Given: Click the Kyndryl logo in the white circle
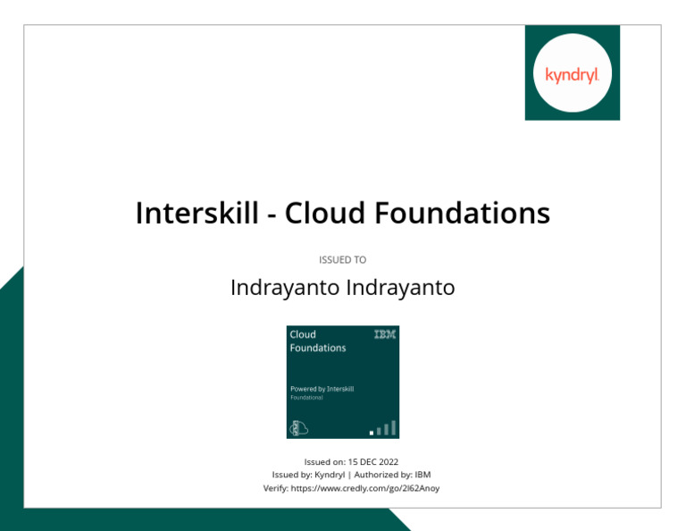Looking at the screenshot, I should (572, 73).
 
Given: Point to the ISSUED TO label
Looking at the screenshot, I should (343, 260).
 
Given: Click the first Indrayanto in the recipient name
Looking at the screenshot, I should (285, 288).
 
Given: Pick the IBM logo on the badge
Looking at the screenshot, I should (385, 334).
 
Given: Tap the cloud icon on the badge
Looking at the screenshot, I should (297, 428).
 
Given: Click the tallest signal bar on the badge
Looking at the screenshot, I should (393, 427).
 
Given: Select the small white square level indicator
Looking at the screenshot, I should (372, 433).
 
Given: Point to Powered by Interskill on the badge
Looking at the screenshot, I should (322, 389).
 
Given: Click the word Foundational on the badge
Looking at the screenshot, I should (306, 398).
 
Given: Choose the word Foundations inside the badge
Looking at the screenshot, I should (317, 348).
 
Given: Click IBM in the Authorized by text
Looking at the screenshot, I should (422, 476).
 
